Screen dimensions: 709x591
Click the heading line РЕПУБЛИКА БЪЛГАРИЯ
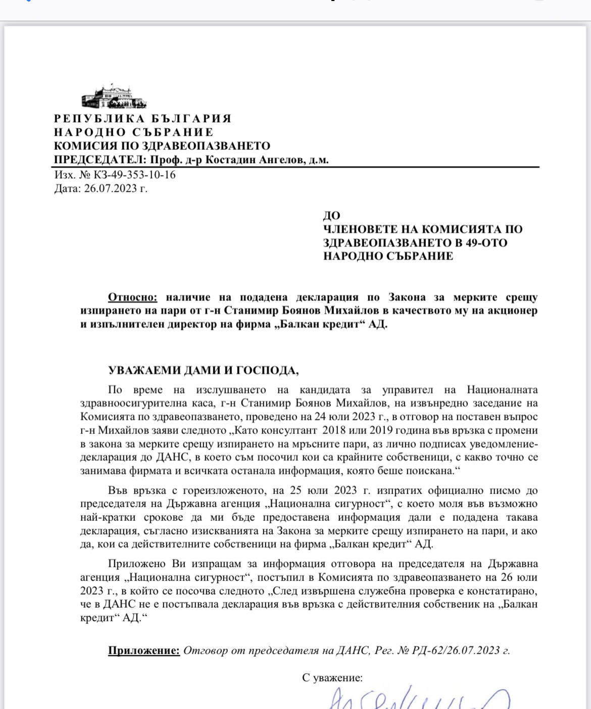pyautogui.click(x=142, y=119)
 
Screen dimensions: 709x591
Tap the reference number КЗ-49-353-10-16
pyautogui.click(x=135, y=175)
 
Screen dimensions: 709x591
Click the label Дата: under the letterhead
pyautogui.click(x=67, y=189)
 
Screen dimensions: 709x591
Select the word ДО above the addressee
pyautogui.click(x=331, y=216)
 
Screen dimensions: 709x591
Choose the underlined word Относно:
pyautogui.click(x=133, y=297)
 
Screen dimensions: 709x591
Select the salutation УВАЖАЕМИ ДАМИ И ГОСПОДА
pyautogui.click(x=203, y=371)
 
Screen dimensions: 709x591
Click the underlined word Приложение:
pyautogui.click(x=144, y=650)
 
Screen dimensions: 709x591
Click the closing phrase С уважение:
pyautogui.click(x=332, y=678)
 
